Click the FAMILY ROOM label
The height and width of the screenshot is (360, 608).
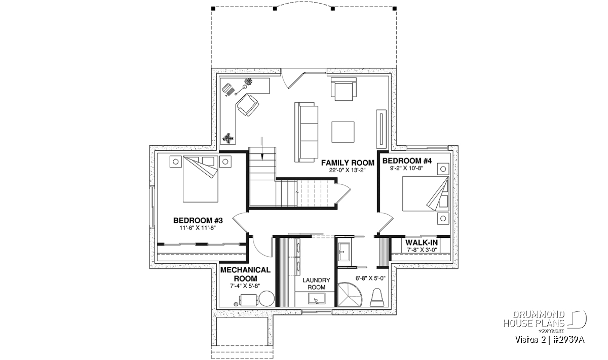348,163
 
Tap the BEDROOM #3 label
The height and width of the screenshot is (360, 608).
198,221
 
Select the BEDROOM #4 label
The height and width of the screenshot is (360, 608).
407,161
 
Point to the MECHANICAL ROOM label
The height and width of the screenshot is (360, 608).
245,274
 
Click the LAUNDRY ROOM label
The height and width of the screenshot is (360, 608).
316,284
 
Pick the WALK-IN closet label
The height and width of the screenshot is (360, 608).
422,243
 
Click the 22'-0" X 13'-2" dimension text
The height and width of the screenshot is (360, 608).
348,170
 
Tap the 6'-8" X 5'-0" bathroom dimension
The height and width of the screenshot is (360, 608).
370,278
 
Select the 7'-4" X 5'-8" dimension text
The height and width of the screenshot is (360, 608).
245,286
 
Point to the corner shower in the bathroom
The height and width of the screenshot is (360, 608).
350,295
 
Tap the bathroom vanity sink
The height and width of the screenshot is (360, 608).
344,252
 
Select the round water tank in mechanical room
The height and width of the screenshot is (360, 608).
267,298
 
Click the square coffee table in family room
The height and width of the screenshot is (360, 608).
343,132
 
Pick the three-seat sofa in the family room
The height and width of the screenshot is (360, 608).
306,132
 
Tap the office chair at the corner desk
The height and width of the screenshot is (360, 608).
247,105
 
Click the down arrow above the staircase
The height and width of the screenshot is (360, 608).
262,148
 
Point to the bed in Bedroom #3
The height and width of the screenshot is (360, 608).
200,179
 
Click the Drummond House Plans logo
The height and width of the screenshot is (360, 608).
545,322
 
